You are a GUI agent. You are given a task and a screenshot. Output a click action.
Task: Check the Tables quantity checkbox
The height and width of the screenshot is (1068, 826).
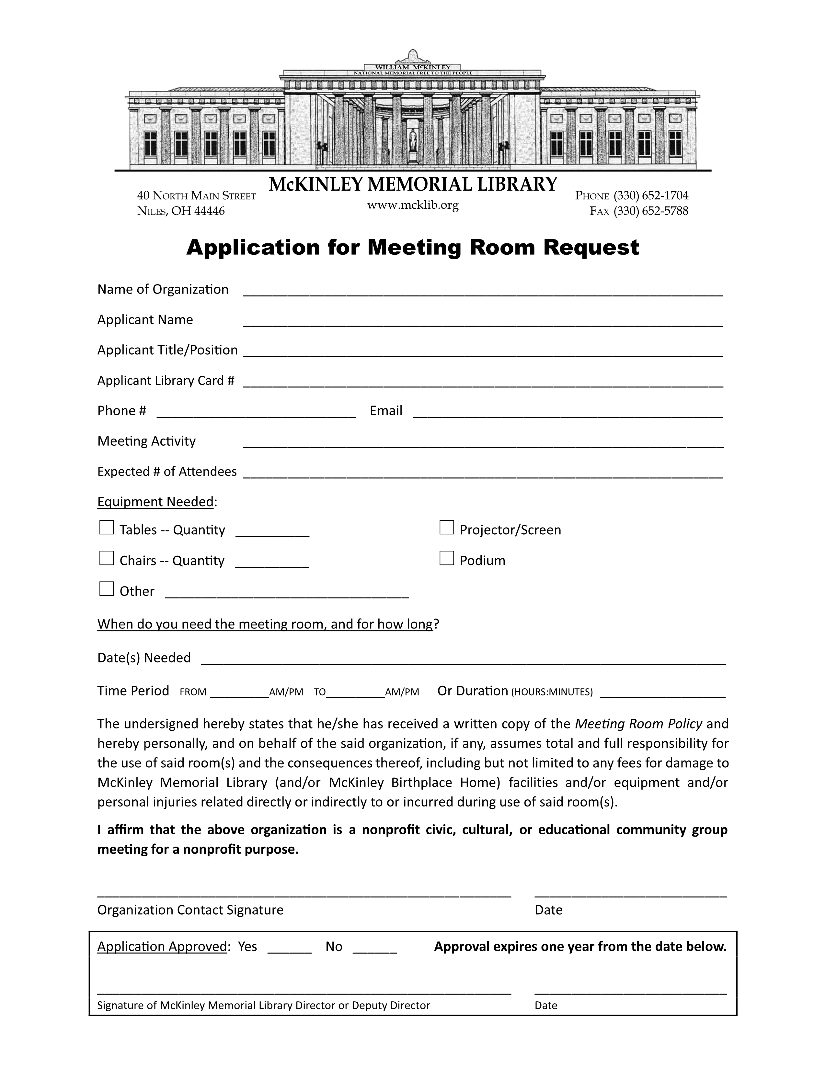point(106,528)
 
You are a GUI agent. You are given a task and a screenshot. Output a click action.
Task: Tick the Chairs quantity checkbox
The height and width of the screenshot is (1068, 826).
point(106,558)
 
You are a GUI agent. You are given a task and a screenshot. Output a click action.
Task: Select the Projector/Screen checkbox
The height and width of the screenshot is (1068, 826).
point(446,528)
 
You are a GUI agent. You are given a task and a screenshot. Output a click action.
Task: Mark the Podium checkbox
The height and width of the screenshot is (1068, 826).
point(446,558)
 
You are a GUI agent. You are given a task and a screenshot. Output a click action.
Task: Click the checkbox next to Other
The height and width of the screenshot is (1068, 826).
point(106,589)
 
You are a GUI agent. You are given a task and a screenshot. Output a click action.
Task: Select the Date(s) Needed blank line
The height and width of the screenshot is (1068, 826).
point(464,660)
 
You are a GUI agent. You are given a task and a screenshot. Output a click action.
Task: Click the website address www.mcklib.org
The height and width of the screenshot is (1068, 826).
point(413,206)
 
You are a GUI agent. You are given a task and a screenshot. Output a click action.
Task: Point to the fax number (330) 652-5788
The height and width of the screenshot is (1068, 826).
point(651,211)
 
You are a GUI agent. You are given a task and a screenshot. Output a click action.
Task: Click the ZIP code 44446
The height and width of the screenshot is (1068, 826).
point(210,211)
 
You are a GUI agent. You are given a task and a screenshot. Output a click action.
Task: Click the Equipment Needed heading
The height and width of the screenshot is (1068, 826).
point(155,502)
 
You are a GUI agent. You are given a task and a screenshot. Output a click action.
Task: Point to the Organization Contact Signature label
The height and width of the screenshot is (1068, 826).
point(190,910)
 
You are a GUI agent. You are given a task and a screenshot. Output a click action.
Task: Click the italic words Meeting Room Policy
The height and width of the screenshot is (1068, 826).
point(638,724)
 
